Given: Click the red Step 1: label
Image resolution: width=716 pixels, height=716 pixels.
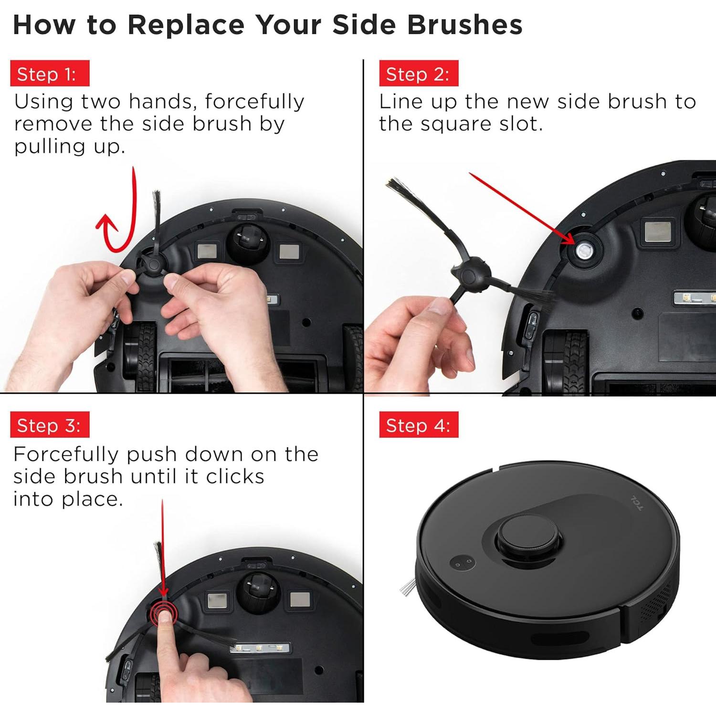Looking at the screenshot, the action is tap(50, 74).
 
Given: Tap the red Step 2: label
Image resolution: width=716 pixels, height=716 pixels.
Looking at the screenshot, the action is tap(419, 74).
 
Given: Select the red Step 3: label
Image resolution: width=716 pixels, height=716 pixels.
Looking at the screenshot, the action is tap(50, 425).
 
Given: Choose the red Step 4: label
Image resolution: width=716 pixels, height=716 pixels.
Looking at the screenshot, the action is tap(419, 425).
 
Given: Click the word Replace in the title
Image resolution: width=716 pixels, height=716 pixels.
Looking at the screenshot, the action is tap(186, 25).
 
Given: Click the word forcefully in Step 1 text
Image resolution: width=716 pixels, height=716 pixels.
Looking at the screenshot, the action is tap(255, 102).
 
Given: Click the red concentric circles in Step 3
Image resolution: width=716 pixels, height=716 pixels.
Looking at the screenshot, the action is tap(164, 613).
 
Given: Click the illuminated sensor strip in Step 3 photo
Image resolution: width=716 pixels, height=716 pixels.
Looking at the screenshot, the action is tap(260, 648).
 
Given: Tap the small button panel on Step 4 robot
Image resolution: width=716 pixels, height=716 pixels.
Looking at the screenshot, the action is tap(463, 563).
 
